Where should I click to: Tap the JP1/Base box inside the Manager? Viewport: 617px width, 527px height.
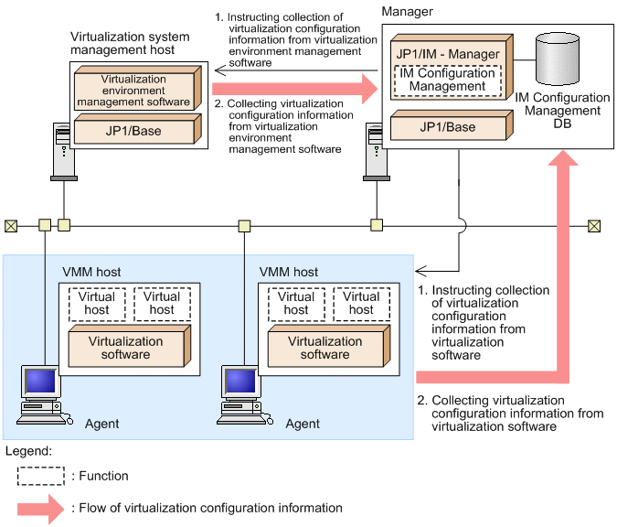tap(449, 126)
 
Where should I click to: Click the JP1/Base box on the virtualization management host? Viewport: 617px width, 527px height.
tap(134, 130)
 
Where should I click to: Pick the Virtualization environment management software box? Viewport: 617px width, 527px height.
tap(134, 90)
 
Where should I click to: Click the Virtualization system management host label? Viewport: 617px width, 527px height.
tap(129, 43)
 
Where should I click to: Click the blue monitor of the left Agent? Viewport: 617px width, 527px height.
tap(39, 382)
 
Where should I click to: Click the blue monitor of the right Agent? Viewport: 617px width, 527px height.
tap(240, 382)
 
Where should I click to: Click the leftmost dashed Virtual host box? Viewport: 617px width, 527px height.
tap(96, 303)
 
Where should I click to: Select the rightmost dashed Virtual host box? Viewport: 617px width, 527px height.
tap(361, 303)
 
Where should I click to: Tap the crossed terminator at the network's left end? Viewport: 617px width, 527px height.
tap(11, 224)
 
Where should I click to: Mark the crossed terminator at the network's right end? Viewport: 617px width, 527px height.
tap(595, 224)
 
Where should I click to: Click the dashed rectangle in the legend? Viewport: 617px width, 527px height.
tap(41, 476)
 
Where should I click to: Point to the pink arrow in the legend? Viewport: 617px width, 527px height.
tap(41, 507)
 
